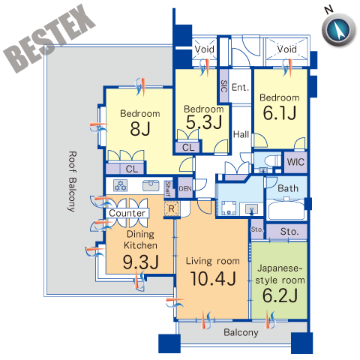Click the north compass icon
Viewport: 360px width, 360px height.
tap(339, 29)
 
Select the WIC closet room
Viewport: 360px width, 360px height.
tap(295, 162)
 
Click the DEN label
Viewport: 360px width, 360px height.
tap(185, 188)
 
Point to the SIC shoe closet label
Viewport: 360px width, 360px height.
tap(224, 86)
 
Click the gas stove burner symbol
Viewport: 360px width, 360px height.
tap(121, 185)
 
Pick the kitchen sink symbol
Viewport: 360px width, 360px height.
tap(151, 185)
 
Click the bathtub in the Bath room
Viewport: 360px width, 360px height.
tap(286, 209)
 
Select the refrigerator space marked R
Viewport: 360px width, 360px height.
tap(172, 208)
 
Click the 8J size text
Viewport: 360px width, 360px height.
tap(140, 129)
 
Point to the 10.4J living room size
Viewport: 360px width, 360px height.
tap(213, 278)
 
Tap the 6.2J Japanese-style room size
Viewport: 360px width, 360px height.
tap(280, 295)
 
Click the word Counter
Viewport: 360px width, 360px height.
tap(127, 213)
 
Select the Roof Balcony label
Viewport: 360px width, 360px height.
tap(72, 181)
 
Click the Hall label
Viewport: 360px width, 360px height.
tap(241, 134)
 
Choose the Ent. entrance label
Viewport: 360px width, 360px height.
tap(240, 87)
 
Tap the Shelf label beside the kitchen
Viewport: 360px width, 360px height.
tap(168, 189)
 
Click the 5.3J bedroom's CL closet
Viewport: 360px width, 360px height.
tap(188, 147)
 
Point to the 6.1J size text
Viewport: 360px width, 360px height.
tap(280, 112)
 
